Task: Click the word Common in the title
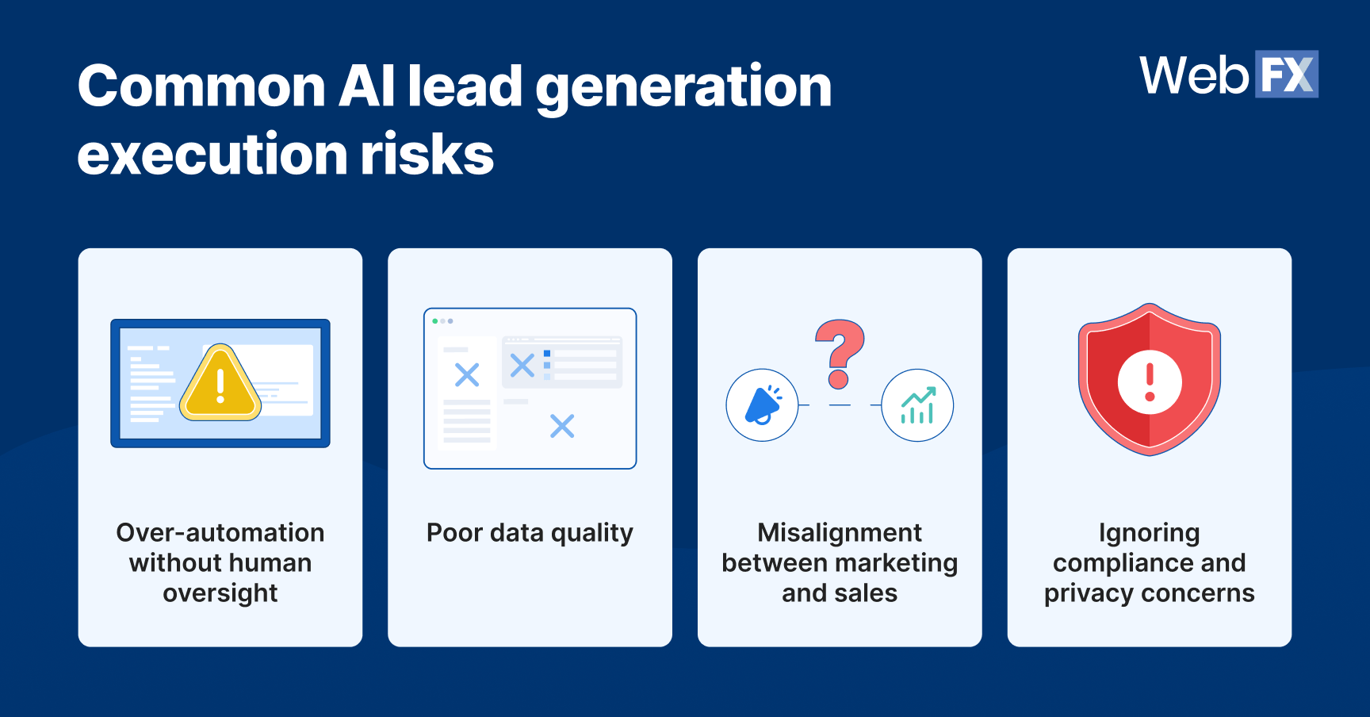click(x=201, y=87)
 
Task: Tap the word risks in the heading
click(x=427, y=155)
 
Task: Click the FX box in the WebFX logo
click(x=1286, y=75)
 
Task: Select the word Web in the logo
click(x=1194, y=76)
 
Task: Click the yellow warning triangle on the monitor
click(x=220, y=384)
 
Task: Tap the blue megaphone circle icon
click(x=762, y=405)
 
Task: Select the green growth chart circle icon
click(x=917, y=405)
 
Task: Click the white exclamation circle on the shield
click(x=1150, y=382)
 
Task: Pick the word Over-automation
click(x=220, y=532)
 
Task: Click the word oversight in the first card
click(x=220, y=593)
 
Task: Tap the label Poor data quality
click(x=530, y=533)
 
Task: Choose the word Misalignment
click(x=840, y=532)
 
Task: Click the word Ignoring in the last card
click(x=1149, y=533)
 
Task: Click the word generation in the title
click(x=683, y=87)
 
